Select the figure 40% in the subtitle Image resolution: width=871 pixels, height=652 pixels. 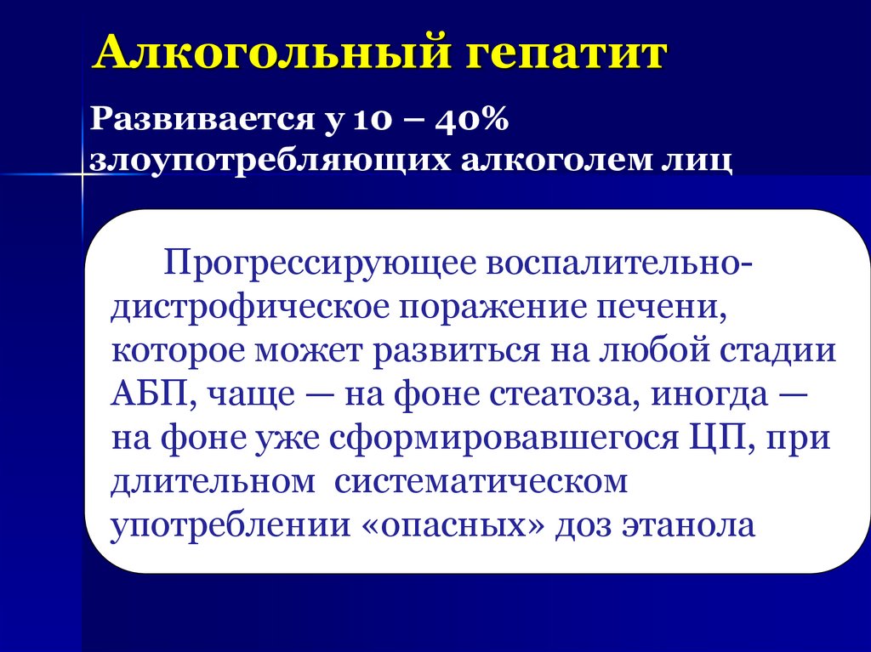point(471,121)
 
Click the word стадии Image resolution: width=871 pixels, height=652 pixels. point(779,350)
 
